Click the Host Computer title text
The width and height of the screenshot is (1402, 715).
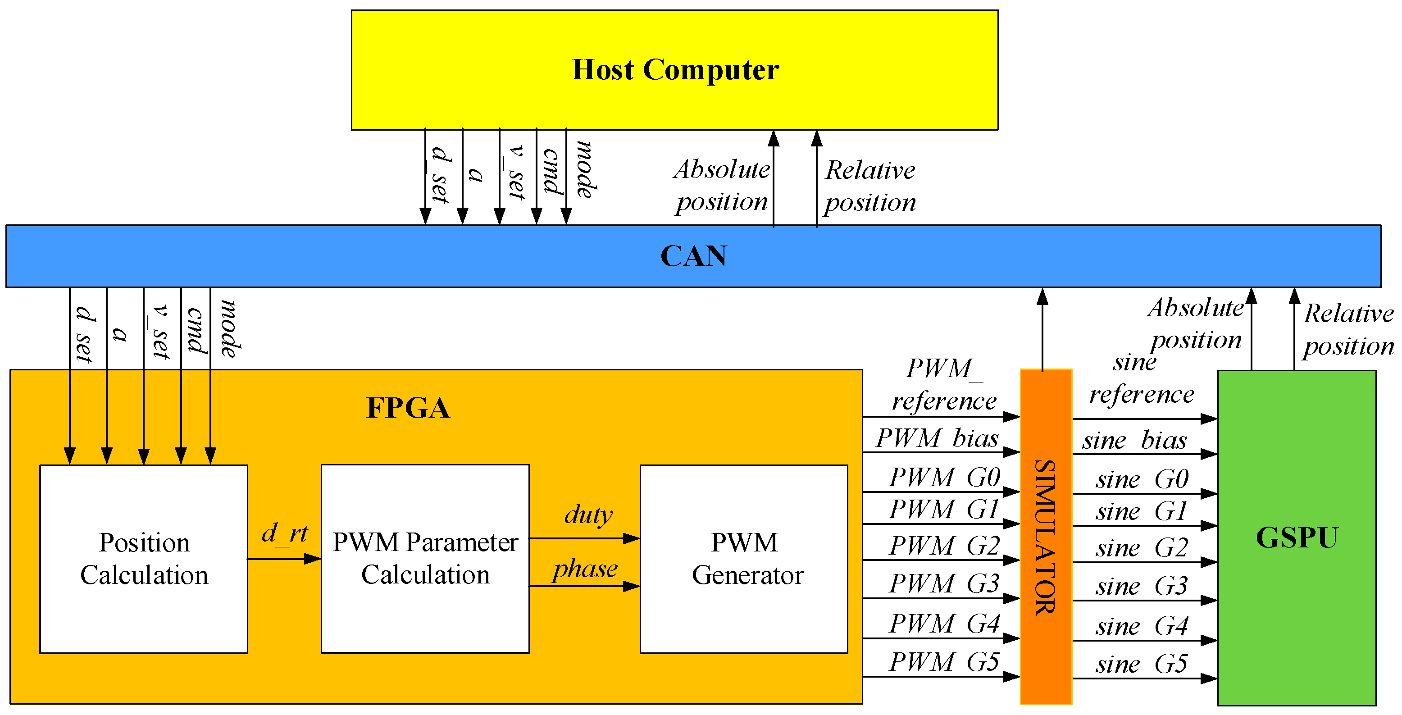coord(675,70)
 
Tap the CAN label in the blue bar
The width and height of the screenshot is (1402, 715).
coord(693,256)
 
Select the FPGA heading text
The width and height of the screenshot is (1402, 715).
coord(408,408)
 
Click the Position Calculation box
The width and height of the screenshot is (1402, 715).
coord(144,559)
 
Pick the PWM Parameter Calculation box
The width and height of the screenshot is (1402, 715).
coord(425,559)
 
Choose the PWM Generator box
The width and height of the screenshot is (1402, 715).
coord(744,559)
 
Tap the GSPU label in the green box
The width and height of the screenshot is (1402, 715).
coord(1297,537)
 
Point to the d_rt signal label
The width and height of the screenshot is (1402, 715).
coord(285,533)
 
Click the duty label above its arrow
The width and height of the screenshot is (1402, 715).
coord(588,514)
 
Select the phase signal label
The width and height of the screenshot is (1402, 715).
coord(585,569)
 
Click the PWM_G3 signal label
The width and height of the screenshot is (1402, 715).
coord(944,584)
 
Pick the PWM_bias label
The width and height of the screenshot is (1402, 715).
coord(937,438)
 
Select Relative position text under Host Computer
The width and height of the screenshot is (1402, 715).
coord(870,186)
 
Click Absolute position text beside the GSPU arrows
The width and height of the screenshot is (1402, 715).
coord(1196,324)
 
